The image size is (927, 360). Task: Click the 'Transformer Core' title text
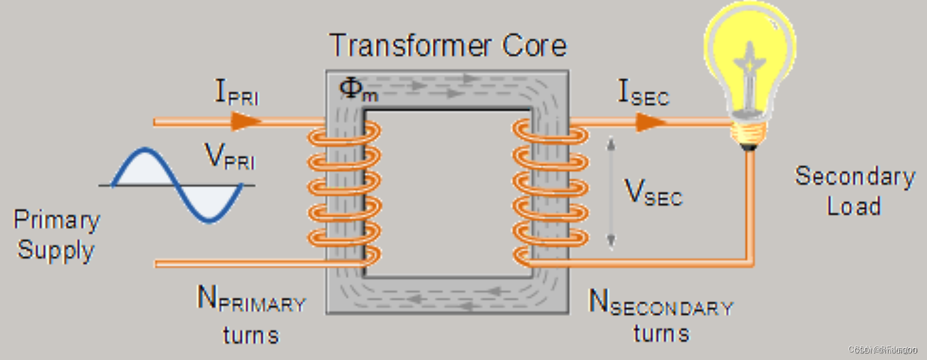(448, 46)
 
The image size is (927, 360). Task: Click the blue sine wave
(177, 184)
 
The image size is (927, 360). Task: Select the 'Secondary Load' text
(854, 191)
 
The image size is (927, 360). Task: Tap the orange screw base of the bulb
(749, 132)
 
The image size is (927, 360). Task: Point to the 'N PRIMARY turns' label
(251, 315)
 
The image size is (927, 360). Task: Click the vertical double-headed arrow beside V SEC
(610, 192)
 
